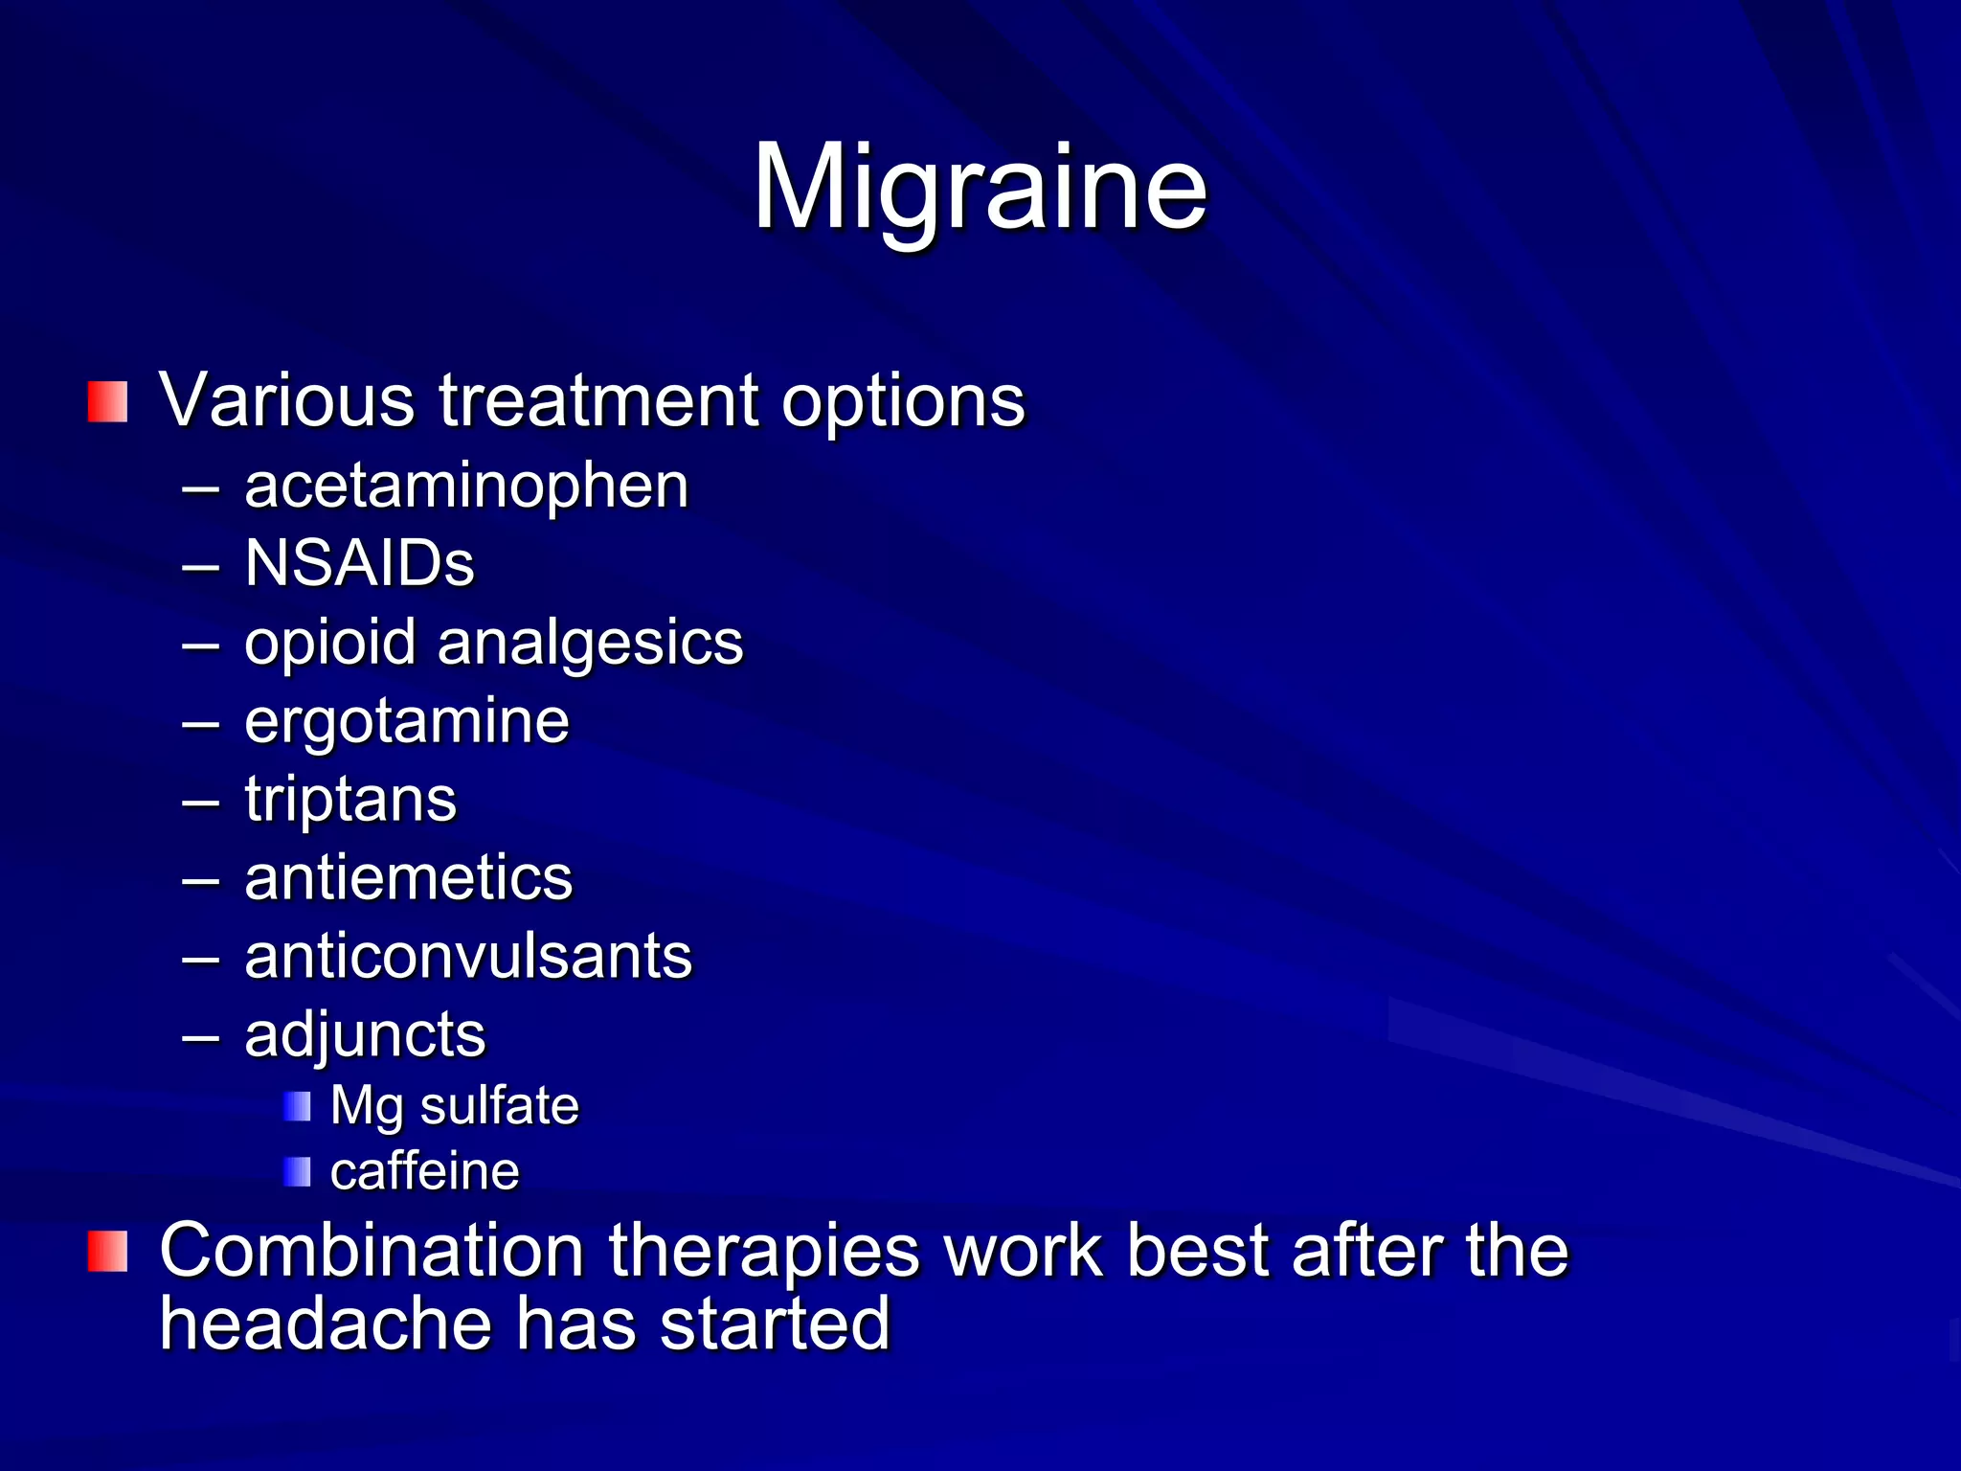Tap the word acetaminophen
click(x=466, y=487)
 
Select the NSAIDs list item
click(x=359, y=563)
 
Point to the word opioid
click(x=329, y=643)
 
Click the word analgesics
click(x=590, y=643)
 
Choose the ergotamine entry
click(x=406, y=720)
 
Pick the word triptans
click(x=350, y=800)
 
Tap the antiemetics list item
click(x=408, y=877)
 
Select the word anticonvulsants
click(x=468, y=956)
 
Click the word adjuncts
click(x=365, y=1035)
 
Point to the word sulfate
click(x=499, y=1106)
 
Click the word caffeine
click(x=424, y=1171)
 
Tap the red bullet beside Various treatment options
click(x=107, y=401)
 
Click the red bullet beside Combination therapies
click(x=107, y=1252)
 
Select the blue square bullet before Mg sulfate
click(x=297, y=1107)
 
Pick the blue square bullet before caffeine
click(x=297, y=1171)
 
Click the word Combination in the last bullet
click(x=372, y=1250)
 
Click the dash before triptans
click(x=201, y=801)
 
